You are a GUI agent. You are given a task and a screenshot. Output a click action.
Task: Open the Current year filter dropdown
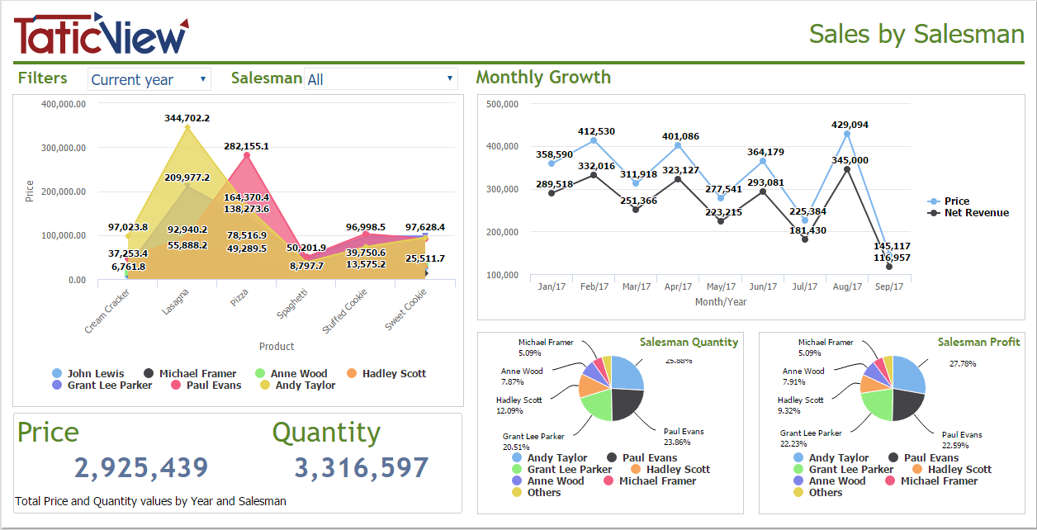point(149,79)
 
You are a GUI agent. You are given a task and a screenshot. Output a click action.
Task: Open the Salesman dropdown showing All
point(380,79)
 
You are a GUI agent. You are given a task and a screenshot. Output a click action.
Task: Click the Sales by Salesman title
point(916,34)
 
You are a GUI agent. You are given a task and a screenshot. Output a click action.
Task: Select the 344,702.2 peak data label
point(187,118)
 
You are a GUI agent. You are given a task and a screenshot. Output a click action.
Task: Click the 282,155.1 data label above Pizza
point(246,146)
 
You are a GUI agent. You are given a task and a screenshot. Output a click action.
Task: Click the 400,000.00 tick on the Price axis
point(63,104)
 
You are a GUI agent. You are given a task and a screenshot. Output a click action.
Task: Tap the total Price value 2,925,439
point(141,468)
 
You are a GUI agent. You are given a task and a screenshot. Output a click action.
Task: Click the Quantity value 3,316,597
point(362,468)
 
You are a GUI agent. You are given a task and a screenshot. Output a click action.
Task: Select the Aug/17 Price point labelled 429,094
point(847,133)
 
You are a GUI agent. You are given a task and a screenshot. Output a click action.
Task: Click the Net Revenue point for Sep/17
point(889,267)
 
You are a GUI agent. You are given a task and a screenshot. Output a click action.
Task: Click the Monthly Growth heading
point(543,78)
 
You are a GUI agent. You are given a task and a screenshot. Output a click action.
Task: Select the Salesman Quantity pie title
point(689,342)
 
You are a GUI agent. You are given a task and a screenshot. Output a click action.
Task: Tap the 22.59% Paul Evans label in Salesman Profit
point(962,441)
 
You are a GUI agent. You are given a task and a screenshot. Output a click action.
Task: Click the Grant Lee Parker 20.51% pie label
point(533,442)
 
